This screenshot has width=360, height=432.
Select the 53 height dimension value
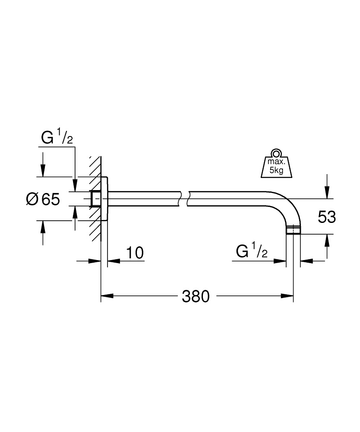tap(326, 217)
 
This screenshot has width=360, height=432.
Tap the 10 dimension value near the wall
tap(135, 253)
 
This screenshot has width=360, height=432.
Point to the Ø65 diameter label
tap(42, 199)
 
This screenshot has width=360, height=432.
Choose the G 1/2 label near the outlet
tap(252, 251)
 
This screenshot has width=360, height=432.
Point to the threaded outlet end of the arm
tap(294, 230)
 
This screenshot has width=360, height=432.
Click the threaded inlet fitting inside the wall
tap(96, 199)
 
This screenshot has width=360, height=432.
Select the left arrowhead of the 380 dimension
tap(106, 296)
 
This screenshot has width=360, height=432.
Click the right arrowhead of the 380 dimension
tap(288, 296)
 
